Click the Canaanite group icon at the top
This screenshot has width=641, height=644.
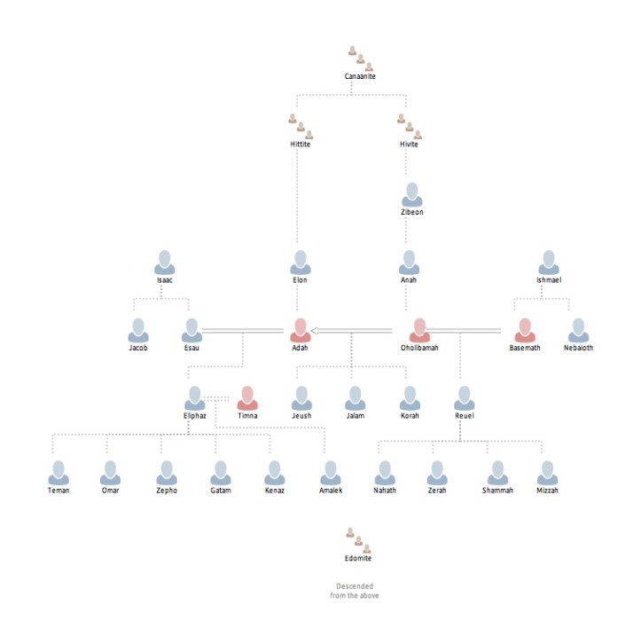click(x=360, y=59)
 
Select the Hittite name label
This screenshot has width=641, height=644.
click(x=301, y=144)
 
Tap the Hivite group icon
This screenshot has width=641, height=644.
click(x=409, y=126)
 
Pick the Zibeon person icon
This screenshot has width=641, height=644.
click(x=411, y=194)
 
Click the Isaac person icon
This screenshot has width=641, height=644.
click(x=164, y=262)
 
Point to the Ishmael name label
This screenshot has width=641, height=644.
click(x=549, y=280)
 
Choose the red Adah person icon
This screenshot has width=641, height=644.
click(x=301, y=330)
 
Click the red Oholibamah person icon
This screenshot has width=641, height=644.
click(x=419, y=330)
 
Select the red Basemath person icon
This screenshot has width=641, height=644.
click(x=525, y=330)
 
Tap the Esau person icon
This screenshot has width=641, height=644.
click(x=192, y=330)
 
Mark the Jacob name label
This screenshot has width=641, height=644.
click(x=137, y=348)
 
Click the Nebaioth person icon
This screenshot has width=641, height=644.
click(x=578, y=330)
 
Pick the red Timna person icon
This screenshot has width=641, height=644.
click(x=247, y=397)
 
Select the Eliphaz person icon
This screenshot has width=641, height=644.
click(x=194, y=397)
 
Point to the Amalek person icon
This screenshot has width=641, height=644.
click(x=331, y=472)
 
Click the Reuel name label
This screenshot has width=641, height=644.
click(x=464, y=415)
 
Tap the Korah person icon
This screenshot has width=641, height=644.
click(x=410, y=397)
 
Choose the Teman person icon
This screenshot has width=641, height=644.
click(x=59, y=472)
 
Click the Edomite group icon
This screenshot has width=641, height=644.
click(x=359, y=540)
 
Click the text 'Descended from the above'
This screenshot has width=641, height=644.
click(x=355, y=590)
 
